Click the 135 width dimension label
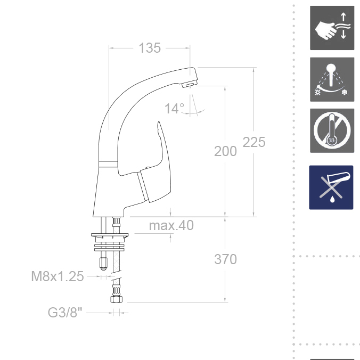click(150, 48)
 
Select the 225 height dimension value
click(254, 142)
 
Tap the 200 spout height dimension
click(225, 151)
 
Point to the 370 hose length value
click(225, 259)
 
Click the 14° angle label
click(175, 109)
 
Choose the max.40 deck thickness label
click(171, 225)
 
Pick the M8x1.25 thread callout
click(58, 276)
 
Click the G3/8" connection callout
click(65, 313)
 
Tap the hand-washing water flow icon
click(332, 28)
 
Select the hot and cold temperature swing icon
click(332, 79)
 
